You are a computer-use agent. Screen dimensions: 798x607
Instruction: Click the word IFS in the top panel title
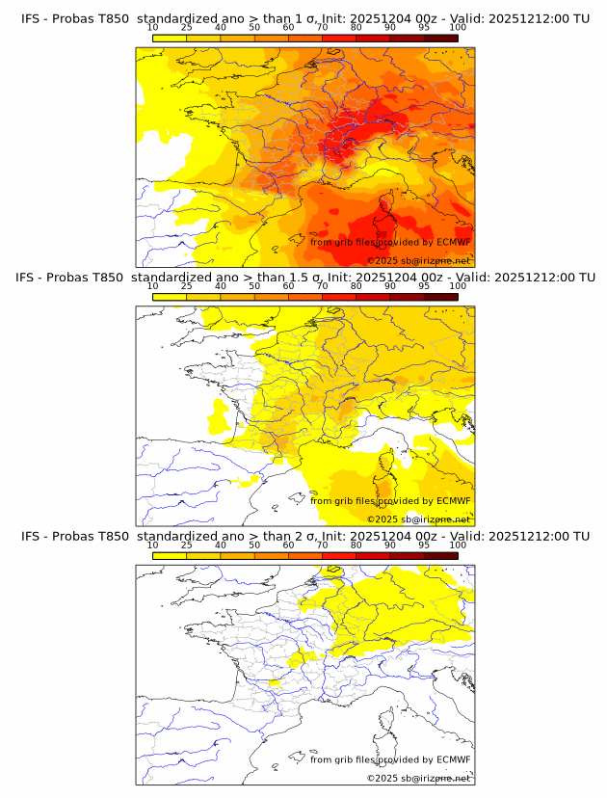click(x=33, y=18)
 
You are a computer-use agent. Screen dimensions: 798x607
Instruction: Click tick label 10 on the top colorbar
click(x=152, y=28)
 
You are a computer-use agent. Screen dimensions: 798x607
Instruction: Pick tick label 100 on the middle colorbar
click(x=458, y=286)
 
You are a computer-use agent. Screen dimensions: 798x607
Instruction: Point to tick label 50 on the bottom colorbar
click(x=254, y=545)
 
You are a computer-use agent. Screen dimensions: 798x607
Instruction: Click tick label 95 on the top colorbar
click(x=424, y=28)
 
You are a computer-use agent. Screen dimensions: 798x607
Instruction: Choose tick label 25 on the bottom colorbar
click(x=186, y=545)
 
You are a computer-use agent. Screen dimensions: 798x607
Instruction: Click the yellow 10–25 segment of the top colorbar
click(x=170, y=38)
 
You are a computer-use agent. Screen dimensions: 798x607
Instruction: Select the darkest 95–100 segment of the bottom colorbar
click(x=440, y=555)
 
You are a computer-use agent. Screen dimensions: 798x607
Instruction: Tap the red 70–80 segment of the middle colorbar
click(x=339, y=297)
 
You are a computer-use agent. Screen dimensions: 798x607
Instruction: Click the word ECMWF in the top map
click(x=453, y=242)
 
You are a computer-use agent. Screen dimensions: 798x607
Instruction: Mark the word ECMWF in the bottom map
click(x=453, y=759)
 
